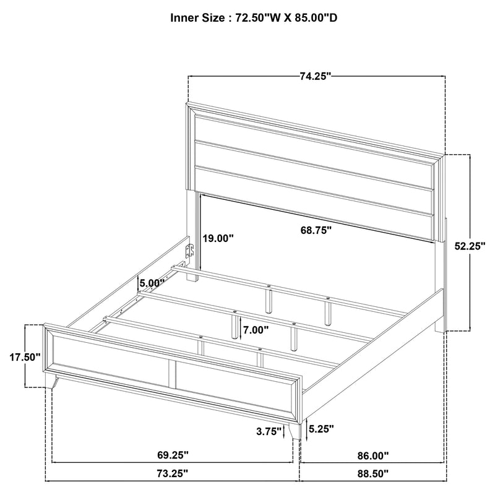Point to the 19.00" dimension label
218,238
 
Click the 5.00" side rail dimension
152,283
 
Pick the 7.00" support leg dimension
255,330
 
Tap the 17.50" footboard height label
25,357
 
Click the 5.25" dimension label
321,428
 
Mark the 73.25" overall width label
173,474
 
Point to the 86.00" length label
373,456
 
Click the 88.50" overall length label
373,474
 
